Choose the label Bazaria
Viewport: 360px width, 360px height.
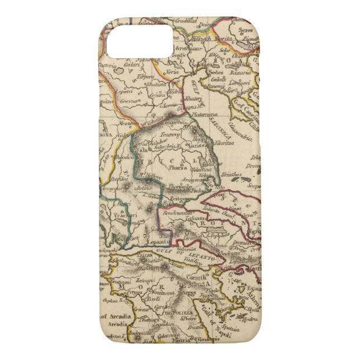[x=240, y=73]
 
